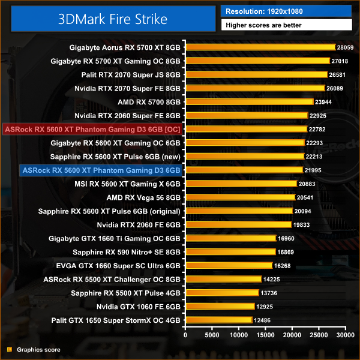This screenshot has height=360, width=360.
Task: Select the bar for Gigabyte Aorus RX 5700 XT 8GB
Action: coord(260,47)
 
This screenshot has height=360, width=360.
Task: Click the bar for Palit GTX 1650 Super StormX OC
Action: coord(218,320)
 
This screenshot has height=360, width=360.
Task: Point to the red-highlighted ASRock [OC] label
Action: coord(92,129)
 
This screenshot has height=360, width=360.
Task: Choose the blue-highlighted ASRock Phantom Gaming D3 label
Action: coord(101,170)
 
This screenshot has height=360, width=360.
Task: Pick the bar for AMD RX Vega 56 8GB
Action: coord(240,197)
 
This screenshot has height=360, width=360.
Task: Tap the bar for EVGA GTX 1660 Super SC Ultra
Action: coord(229,265)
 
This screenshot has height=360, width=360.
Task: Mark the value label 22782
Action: coord(316,129)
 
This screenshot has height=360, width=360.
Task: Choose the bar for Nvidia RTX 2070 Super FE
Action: coord(255,88)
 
